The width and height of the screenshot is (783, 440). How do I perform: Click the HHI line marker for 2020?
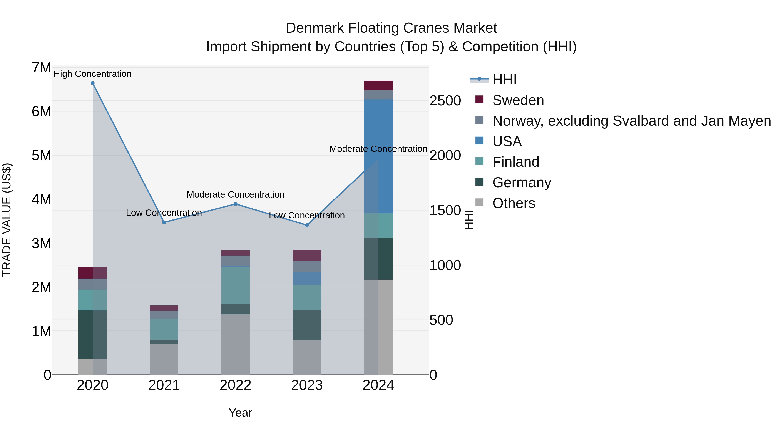[x=93, y=83]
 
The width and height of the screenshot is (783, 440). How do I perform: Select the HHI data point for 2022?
[x=236, y=204]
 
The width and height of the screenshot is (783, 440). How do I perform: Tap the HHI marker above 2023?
[x=307, y=225]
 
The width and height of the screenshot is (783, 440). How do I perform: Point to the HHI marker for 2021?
[x=164, y=222]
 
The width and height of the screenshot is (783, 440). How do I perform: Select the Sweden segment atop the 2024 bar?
[x=378, y=85]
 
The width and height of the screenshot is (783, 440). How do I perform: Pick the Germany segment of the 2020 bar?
[x=93, y=335]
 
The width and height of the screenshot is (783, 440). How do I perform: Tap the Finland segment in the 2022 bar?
[x=236, y=286]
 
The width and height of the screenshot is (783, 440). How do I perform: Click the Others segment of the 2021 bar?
[x=164, y=359]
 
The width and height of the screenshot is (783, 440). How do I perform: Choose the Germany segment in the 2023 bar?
[x=307, y=325]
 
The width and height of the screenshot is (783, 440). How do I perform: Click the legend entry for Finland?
[x=515, y=162]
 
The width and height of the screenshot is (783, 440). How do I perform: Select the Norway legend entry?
[x=631, y=121]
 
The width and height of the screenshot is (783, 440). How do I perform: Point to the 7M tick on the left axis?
[x=41, y=68]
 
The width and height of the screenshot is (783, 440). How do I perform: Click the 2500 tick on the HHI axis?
[x=445, y=101]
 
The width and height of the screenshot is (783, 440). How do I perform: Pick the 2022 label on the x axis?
[x=236, y=385]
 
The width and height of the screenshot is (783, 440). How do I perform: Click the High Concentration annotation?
[x=93, y=74]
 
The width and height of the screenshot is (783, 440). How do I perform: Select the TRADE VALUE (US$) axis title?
[x=7, y=220]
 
